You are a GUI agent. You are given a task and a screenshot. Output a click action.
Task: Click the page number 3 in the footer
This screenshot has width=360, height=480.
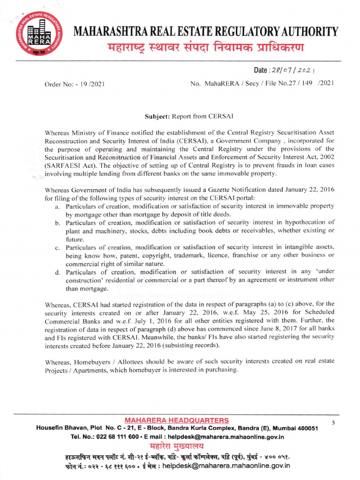(x=333, y=422)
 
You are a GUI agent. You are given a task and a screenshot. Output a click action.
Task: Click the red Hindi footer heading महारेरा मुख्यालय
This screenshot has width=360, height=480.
(x=177, y=446)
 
